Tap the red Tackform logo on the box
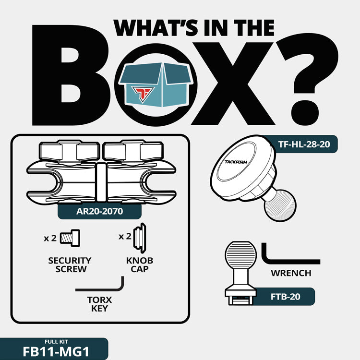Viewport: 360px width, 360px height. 143,94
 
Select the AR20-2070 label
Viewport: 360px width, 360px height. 100,211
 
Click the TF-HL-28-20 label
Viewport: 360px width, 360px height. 304,144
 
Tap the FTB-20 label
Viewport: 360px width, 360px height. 285,297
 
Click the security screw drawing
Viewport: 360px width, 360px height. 70,238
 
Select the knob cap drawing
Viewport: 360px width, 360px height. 140,238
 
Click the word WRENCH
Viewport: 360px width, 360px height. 291,273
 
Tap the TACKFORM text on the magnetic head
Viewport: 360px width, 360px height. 236,162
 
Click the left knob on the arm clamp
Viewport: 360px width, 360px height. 69,152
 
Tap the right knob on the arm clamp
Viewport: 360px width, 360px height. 133,152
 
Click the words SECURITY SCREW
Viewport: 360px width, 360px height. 70,264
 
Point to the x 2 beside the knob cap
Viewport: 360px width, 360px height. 125,236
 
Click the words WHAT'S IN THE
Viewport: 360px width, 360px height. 194,28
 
